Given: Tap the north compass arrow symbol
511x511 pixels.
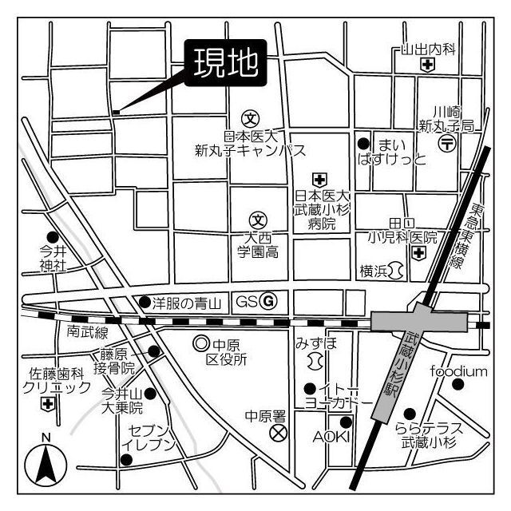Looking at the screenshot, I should pyautogui.click(x=46, y=463).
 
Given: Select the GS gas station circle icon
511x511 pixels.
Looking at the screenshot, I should pyautogui.click(x=269, y=301).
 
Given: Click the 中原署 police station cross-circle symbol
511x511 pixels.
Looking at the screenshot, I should pyautogui.click(x=278, y=434).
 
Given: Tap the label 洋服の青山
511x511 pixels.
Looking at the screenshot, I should pyautogui.click(x=187, y=303).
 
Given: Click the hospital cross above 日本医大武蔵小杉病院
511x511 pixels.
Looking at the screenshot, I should pyautogui.click(x=319, y=179).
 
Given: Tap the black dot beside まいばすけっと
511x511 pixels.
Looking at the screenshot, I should pyautogui.click(x=363, y=144).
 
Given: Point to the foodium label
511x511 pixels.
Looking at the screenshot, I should pyautogui.click(x=458, y=371).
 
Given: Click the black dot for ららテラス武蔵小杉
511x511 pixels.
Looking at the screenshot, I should pyautogui.click(x=410, y=414).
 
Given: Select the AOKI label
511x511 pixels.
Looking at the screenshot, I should pyautogui.click(x=327, y=437).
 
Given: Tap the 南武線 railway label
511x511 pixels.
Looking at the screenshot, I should pyautogui.click(x=88, y=331).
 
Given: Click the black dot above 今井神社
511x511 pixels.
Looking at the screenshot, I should pyautogui.click(x=53, y=236).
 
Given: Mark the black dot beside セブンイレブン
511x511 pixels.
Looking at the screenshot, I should pyautogui.click(x=125, y=459).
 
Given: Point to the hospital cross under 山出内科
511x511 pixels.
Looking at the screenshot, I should pyautogui.click(x=428, y=67).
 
